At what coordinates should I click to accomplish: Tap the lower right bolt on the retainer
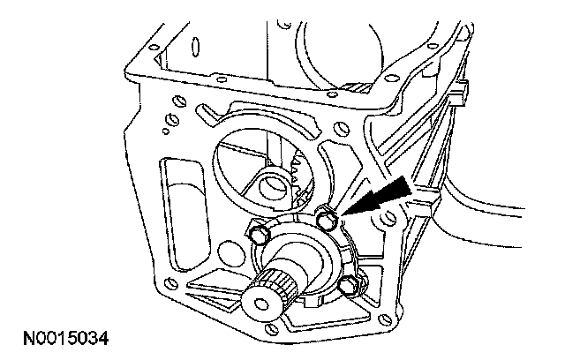click(351, 284)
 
